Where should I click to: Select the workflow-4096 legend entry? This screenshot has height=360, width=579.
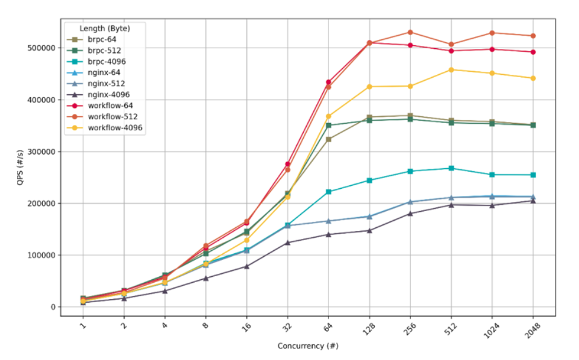pyautogui.click(x=112, y=127)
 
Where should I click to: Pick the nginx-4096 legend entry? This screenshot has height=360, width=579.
pyautogui.click(x=108, y=94)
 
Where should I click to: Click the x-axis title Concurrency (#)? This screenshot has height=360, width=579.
pyautogui.click(x=307, y=346)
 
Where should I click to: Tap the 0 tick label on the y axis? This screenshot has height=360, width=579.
pyautogui.click(x=52, y=307)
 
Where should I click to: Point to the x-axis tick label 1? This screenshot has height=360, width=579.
pyautogui.click(x=83, y=326)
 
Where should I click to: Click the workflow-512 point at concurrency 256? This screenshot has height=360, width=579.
pyautogui.click(x=410, y=32)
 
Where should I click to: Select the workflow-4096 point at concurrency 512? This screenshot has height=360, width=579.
pyautogui.click(x=451, y=70)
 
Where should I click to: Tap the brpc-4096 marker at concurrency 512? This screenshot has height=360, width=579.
pyautogui.click(x=451, y=168)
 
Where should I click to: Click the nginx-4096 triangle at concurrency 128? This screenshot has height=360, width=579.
pyautogui.click(x=369, y=230)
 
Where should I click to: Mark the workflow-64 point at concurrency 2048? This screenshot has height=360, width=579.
pyautogui.click(x=533, y=52)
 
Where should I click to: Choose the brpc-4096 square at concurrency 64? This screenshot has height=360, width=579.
pyautogui.click(x=328, y=192)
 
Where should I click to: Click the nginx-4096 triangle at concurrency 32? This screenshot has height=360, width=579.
pyautogui.click(x=287, y=242)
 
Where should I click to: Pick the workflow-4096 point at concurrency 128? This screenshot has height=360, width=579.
pyautogui.click(x=369, y=87)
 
